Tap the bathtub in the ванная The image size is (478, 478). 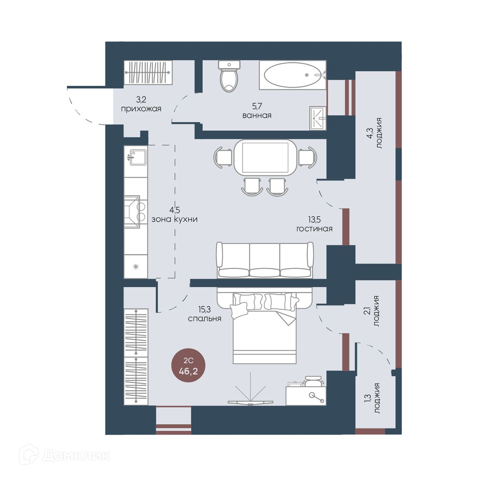(x=293, y=75)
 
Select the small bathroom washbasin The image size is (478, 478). (x=318, y=118)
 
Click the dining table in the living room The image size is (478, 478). (x=265, y=157)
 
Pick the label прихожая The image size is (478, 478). (x=141, y=109)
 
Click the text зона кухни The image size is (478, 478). (x=174, y=219)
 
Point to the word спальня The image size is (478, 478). (x=204, y=319)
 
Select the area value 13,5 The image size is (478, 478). (x=315, y=219)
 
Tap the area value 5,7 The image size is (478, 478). (x=257, y=106)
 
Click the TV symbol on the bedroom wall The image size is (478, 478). (x=251, y=390)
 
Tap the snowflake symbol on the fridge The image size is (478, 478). (x=135, y=267)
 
